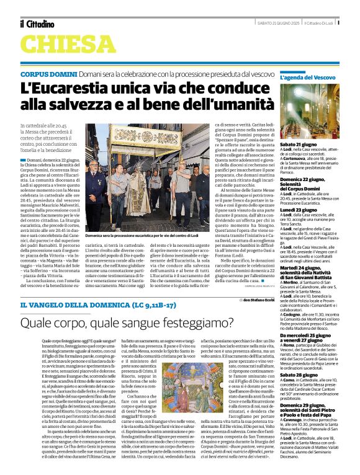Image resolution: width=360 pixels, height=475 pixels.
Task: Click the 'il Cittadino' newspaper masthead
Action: click(x=38, y=24)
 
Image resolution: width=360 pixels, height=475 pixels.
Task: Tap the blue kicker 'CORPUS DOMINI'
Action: click(x=48, y=74)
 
